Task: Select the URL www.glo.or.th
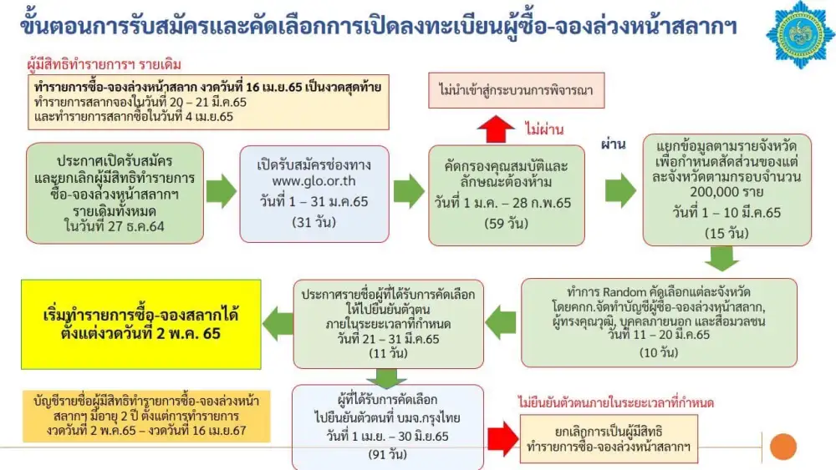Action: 302,180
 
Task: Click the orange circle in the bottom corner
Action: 782,446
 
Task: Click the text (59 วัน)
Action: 506,223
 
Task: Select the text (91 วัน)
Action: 387,453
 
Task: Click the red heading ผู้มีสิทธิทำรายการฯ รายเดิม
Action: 104,64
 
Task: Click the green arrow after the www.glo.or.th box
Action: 409,192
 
